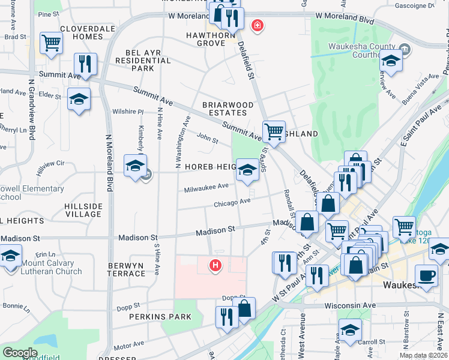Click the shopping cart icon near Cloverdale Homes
[x=52, y=43]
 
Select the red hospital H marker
[x=215, y=264]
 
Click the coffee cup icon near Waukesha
[x=426, y=275]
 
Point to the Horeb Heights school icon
[x=246, y=170]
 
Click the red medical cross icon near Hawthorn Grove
[x=257, y=26]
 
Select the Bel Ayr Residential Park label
[x=139, y=61]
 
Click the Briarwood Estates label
[x=224, y=109]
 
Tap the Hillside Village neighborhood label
[x=83, y=210]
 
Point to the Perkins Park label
[x=151, y=316]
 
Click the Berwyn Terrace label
[x=127, y=269]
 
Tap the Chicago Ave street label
[x=232, y=202]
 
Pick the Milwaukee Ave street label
[x=206, y=187]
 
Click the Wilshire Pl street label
[x=128, y=112]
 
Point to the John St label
[x=207, y=139]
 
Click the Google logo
[x=20, y=353]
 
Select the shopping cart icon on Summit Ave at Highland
[x=274, y=131]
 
